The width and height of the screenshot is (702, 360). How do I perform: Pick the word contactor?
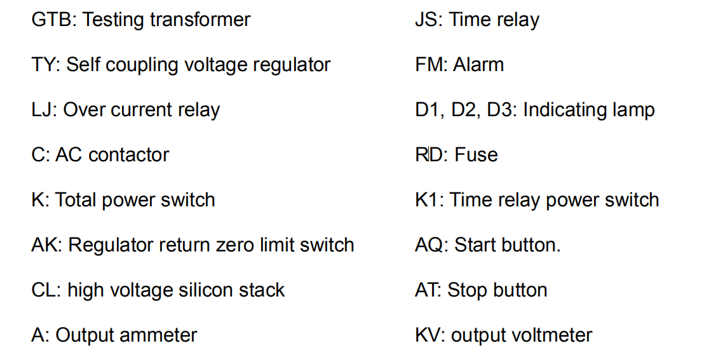coord(131,155)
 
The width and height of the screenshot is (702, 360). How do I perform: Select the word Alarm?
coord(478,65)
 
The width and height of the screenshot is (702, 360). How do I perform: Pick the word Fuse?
coord(476,155)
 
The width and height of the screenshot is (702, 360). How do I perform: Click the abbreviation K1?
coord(427,200)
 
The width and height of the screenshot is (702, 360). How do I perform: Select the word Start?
coord(474,245)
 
